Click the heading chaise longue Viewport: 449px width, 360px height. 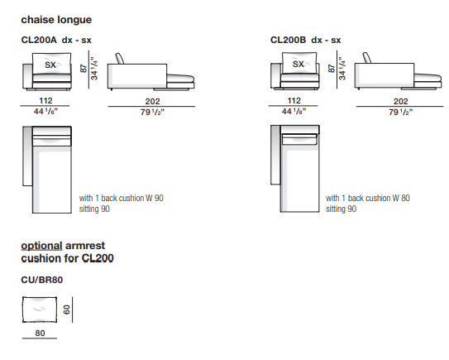pyautogui.click(x=56, y=20)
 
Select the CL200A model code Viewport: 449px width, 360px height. pyautogui.click(x=39, y=40)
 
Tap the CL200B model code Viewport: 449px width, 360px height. pyautogui.click(x=288, y=40)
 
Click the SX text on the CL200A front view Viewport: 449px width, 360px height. pyautogui.click(x=50, y=65)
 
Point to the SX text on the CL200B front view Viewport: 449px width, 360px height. pyautogui.click(x=298, y=64)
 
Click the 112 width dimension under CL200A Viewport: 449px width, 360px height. pyautogui.click(x=45, y=101)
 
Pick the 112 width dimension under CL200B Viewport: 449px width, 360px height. pyautogui.click(x=294, y=101)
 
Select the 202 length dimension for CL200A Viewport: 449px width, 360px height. pyautogui.click(x=152, y=101)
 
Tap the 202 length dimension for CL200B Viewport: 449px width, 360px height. pyautogui.click(x=400, y=101)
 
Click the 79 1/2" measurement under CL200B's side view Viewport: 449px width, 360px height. pyautogui.click(x=400, y=112)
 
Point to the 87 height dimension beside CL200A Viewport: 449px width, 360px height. pyautogui.click(x=84, y=69)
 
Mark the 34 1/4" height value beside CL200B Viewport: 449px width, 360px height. pyautogui.click(x=342, y=69)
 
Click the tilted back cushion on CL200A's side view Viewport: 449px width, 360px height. pyautogui.click(x=120, y=59)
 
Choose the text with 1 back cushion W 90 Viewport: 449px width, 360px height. pyautogui.click(x=121, y=198)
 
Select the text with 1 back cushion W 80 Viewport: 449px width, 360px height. pyautogui.click(x=368, y=198)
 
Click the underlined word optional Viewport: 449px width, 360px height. pyautogui.click(x=41, y=246)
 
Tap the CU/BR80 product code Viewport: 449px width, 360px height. pyautogui.click(x=42, y=280)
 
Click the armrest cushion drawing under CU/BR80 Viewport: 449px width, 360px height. pyautogui.click(x=40, y=310)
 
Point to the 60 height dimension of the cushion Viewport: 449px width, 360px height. pyautogui.click(x=67, y=310)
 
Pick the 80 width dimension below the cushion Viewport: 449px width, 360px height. pyautogui.click(x=40, y=333)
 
